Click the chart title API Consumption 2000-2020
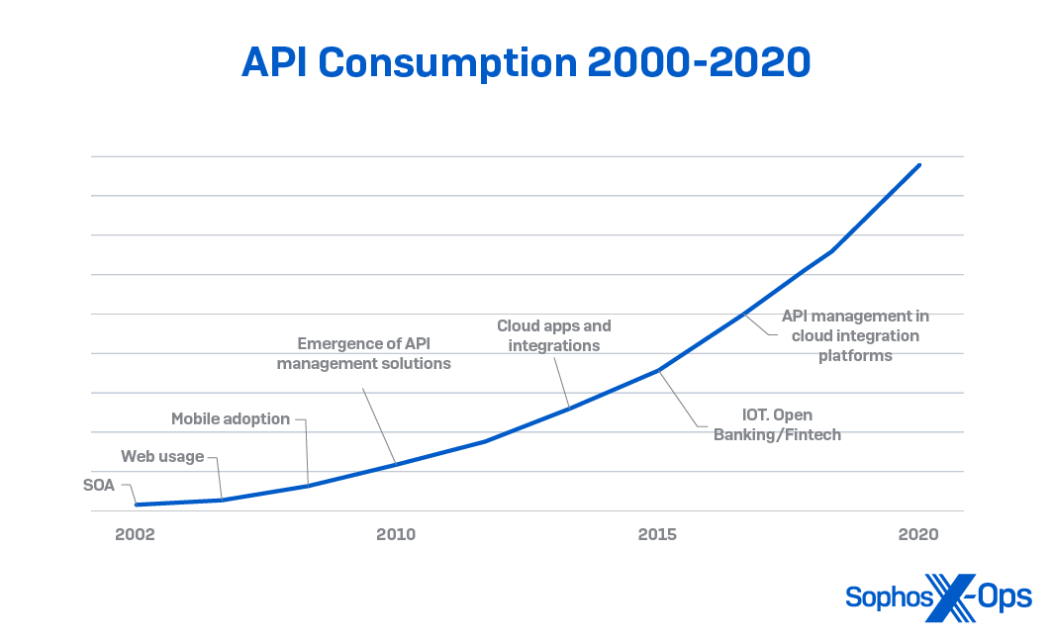pyautogui.click(x=526, y=62)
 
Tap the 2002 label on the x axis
pyautogui.click(x=135, y=535)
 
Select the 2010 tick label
pyautogui.click(x=396, y=535)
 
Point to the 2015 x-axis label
pyautogui.click(x=657, y=535)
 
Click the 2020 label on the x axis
pyautogui.click(x=918, y=535)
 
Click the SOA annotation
pyautogui.click(x=100, y=485)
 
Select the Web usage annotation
pyautogui.click(x=162, y=456)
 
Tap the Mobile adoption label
pyautogui.click(x=231, y=418)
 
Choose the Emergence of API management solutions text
pyautogui.click(x=363, y=353)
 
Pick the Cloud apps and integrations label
pyautogui.click(x=554, y=335)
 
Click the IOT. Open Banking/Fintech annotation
pyautogui.click(x=778, y=424)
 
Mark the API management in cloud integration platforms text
pyautogui.click(x=855, y=335)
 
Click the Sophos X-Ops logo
pyautogui.click(x=938, y=597)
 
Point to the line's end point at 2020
pyautogui.click(x=919, y=165)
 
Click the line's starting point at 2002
pyautogui.click(x=136, y=505)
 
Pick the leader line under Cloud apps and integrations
pyautogui.click(x=561, y=381)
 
